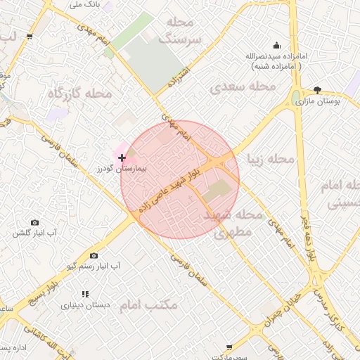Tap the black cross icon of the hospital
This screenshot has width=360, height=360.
122,158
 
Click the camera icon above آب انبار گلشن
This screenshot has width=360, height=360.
35,222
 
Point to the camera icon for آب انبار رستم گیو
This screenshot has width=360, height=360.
94,256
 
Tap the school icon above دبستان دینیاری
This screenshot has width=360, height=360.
85,294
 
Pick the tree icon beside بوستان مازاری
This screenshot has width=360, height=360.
318,90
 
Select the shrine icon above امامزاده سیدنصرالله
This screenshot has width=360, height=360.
275,44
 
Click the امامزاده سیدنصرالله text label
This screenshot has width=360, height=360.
275,55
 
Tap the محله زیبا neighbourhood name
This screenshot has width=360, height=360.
269,160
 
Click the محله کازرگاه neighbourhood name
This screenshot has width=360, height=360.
79,93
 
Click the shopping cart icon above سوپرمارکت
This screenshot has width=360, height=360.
230,348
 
